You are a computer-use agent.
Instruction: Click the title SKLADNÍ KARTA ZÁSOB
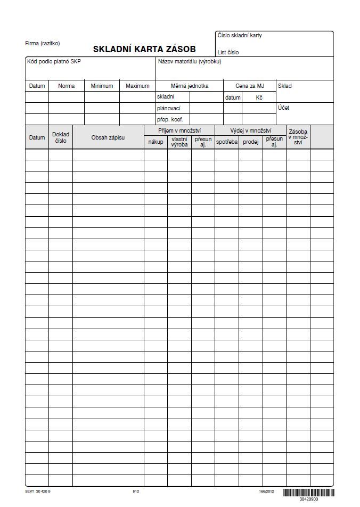tap(144, 49)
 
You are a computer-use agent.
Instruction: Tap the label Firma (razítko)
tap(43, 43)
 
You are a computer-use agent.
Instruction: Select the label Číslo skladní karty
tap(240, 36)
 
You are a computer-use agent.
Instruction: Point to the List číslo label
tap(228, 53)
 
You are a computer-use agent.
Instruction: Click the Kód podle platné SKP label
tap(54, 62)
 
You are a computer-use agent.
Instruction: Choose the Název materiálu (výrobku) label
tap(189, 62)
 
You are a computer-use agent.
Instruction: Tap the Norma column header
tap(66, 86)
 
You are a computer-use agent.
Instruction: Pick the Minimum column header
tap(102, 86)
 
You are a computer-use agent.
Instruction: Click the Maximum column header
tap(137, 86)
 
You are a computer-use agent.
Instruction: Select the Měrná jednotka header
tap(190, 86)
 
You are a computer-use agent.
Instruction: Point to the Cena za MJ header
tap(249, 86)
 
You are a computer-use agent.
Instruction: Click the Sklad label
tap(285, 86)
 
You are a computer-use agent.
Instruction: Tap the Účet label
tap(283, 108)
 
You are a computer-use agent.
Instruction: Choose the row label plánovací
tap(168, 108)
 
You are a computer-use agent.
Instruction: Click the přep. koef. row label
tap(170, 119)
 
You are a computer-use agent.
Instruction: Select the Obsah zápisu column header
tap(108, 137)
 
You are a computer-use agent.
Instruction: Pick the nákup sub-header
tap(156, 142)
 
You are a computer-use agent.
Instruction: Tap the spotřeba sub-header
tap(227, 142)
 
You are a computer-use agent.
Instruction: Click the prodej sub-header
tap(250, 142)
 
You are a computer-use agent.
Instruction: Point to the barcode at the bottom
tap(308, 493)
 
